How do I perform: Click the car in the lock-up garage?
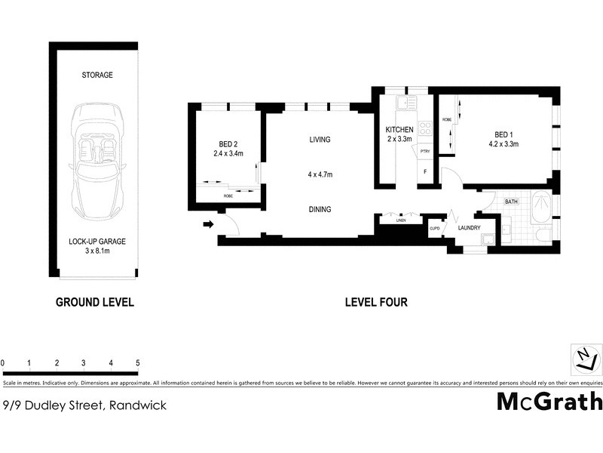pos(96,159)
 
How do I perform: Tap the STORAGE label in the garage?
pos(96,75)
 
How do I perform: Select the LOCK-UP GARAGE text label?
pos(96,242)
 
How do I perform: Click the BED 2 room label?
pos(227,143)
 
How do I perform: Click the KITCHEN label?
pos(399,129)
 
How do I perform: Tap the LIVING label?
pos(320,140)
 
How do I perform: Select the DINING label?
pos(320,209)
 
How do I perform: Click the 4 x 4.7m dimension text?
pos(320,174)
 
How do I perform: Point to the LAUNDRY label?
pos(470,227)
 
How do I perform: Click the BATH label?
pos(511,202)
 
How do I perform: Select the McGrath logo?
pos(549,401)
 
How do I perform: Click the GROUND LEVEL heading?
pos(95,302)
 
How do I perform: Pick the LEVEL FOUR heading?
pos(376,302)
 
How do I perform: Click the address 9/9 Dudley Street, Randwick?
pos(84,405)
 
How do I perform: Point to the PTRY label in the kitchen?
pos(425,151)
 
